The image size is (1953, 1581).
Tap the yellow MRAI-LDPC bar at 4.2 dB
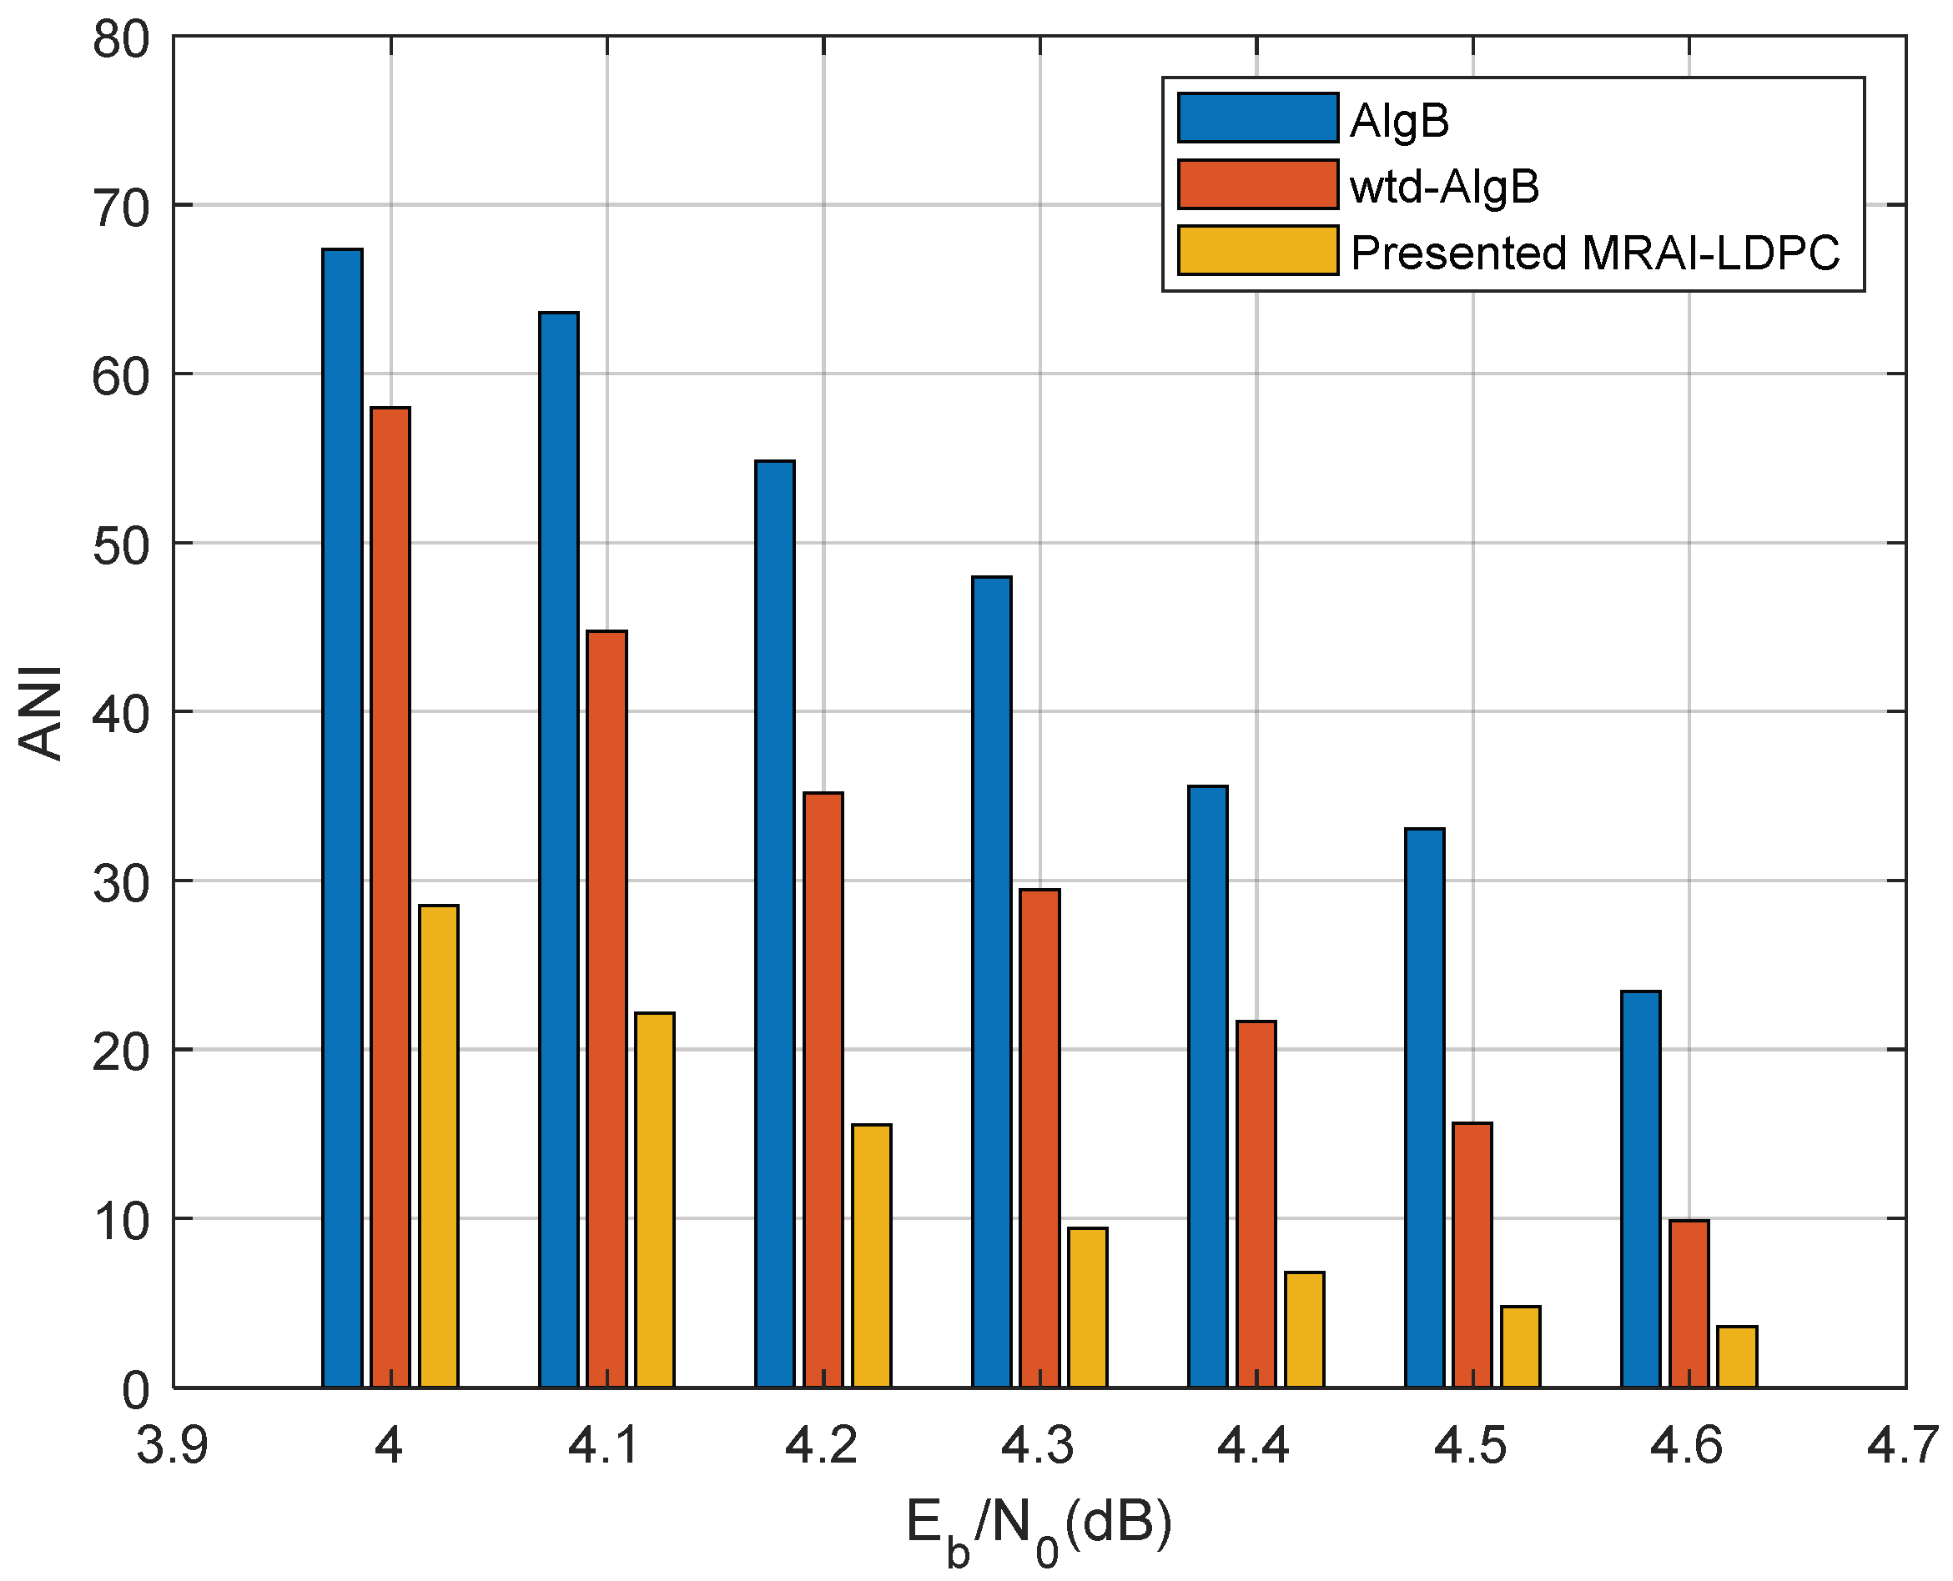872,1256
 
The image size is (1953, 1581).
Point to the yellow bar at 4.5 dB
1521,1347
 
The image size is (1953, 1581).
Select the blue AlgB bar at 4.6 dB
1640,1189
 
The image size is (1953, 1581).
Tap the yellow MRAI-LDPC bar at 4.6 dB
1737,1357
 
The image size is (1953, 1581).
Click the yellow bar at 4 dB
439,1147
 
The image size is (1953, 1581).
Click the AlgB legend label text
1399,120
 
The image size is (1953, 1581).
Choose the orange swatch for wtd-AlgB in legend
1257,185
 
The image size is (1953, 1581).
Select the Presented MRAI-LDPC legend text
1595,253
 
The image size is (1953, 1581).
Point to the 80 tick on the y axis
120,41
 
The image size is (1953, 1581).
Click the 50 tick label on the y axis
120,546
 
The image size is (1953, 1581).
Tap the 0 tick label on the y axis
136,1391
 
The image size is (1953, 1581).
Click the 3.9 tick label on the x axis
172,1445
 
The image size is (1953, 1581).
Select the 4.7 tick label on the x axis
1904,1445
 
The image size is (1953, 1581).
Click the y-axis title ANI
41,713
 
